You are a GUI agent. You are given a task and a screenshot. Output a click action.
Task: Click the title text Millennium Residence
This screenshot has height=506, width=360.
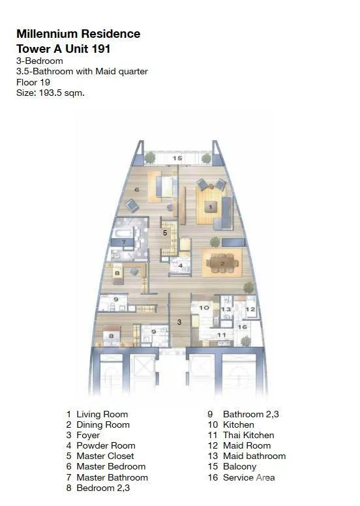click(78, 34)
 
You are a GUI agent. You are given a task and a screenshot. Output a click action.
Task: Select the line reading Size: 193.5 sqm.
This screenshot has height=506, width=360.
click(50, 93)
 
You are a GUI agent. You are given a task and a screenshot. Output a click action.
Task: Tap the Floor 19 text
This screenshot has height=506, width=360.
click(33, 82)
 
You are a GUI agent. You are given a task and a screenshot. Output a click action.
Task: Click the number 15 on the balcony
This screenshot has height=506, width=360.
click(177, 158)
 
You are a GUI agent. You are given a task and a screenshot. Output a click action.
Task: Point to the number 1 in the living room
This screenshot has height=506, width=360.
click(211, 207)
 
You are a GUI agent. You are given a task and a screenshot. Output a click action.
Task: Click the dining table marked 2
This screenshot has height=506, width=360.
click(222, 263)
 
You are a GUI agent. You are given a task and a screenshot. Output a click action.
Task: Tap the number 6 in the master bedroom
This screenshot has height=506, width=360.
click(136, 190)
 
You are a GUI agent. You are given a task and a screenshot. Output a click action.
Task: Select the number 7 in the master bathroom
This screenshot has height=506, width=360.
click(124, 242)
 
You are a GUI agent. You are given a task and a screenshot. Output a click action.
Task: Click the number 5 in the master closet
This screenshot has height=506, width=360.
click(165, 233)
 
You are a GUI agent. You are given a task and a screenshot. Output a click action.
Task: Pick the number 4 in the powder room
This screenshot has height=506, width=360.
click(181, 266)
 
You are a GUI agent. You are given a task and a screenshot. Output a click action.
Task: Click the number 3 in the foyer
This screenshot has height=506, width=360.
click(179, 321)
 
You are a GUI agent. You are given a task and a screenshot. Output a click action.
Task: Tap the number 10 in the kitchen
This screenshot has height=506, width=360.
click(204, 308)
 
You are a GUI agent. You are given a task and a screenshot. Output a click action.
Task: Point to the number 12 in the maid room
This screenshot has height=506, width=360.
click(250, 309)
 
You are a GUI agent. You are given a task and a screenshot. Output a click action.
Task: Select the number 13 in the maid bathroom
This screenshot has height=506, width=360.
click(226, 309)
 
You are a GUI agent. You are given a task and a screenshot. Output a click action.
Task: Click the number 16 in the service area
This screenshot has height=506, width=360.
click(242, 327)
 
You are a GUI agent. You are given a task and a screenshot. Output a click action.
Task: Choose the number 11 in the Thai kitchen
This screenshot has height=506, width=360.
click(221, 335)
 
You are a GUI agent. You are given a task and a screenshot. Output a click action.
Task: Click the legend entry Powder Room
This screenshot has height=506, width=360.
click(106, 445)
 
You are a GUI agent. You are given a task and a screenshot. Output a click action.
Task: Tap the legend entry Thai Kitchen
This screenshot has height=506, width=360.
click(248, 435)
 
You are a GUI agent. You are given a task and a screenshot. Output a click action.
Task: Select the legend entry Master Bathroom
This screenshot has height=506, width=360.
click(112, 477)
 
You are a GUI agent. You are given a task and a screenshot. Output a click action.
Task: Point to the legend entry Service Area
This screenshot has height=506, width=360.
click(249, 477)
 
